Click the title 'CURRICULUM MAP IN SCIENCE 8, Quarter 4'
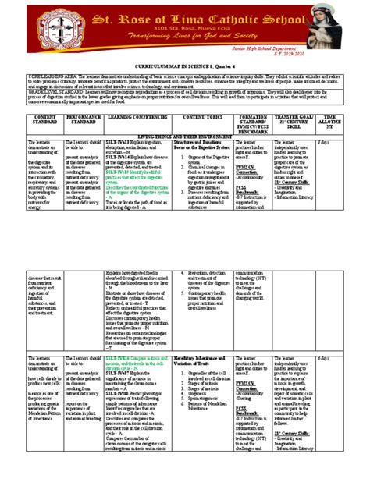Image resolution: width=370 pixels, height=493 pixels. tap(184, 69)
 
